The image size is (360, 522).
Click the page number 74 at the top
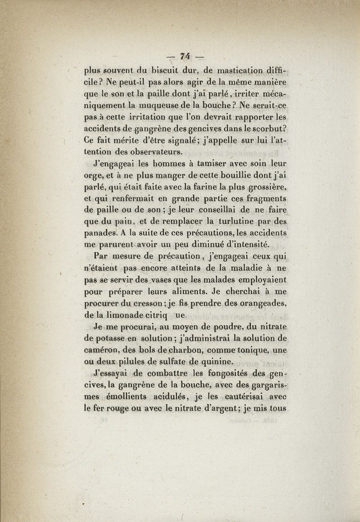pos(185,57)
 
